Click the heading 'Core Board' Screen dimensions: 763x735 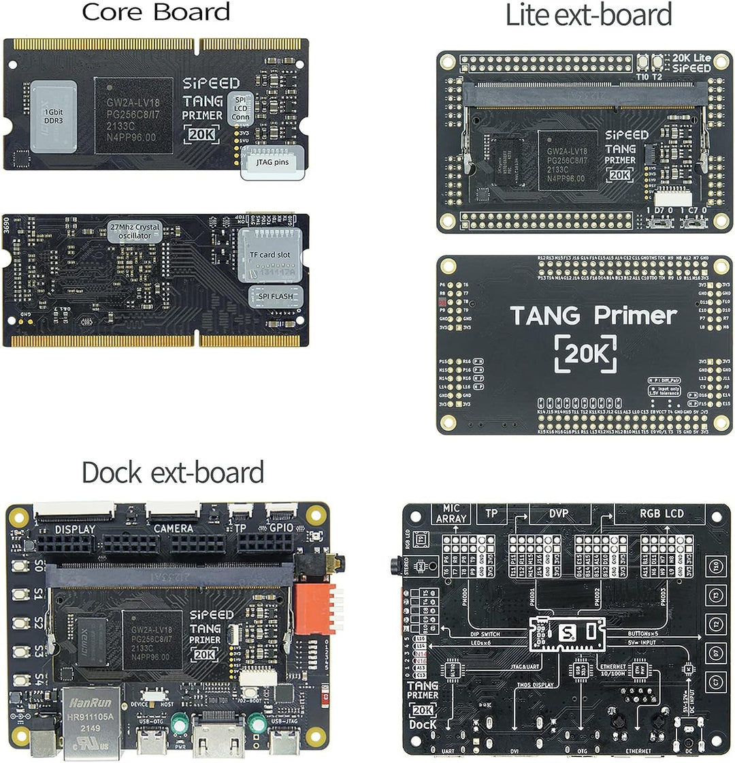pos(156,12)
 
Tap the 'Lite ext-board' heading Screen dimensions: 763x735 pos(588,15)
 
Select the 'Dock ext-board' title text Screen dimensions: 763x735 pos(172,472)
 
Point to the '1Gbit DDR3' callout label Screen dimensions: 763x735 pos(54,116)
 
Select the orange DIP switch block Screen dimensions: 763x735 pos(314,608)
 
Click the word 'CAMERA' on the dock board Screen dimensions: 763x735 pos(173,528)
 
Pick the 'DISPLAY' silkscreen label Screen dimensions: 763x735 pos(75,529)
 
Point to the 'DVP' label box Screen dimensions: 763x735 pos(558,514)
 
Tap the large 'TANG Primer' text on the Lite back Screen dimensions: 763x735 pos(593,315)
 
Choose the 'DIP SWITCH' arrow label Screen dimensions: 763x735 pos(489,633)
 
